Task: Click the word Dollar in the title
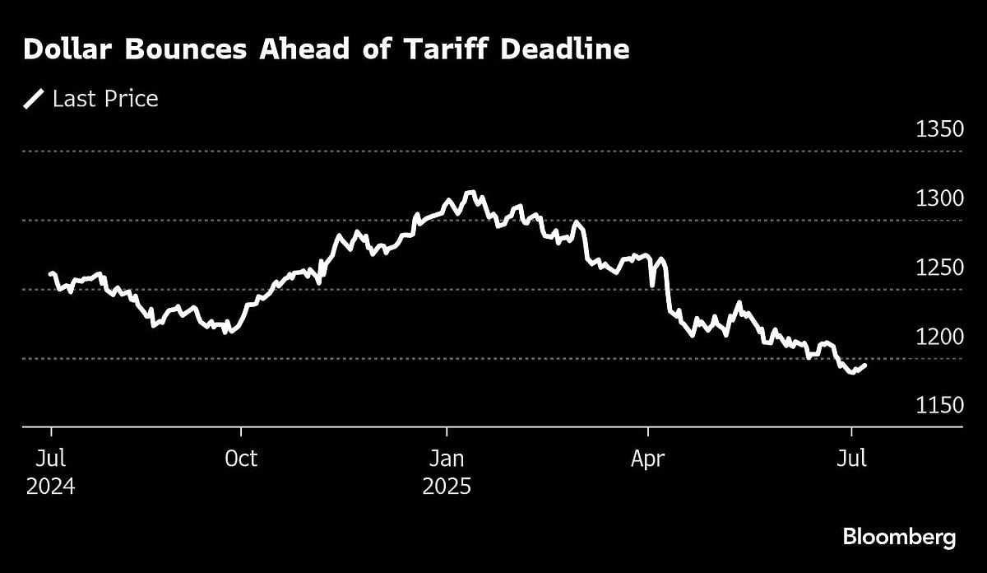[x=68, y=50]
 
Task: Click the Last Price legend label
[x=105, y=100]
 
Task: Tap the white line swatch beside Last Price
[x=34, y=100]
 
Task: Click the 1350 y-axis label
[x=938, y=130]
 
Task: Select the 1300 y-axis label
[x=938, y=199]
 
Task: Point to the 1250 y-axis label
[x=938, y=268]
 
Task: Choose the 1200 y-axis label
[x=938, y=338]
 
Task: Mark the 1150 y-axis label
[x=938, y=406]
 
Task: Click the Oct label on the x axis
[x=241, y=459]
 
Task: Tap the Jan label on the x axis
[x=447, y=459]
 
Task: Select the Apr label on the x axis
[x=648, y=459]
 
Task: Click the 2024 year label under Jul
[x=51, y=487]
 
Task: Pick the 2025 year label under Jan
[x=447, y=487]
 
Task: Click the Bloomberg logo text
[x=899, y=538]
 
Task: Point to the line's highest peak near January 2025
[x=470, y=193]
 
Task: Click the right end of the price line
[x=864, y=365]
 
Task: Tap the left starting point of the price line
[x=51, y=273]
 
